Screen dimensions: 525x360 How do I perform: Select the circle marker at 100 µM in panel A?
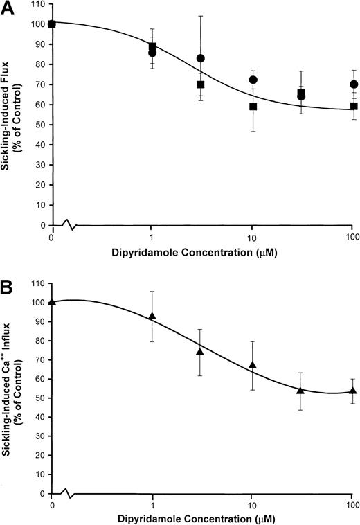coord(354,84)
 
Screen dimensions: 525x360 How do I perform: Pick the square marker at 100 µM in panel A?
coord(354,106)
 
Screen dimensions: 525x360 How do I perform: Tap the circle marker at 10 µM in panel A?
coord(253,80)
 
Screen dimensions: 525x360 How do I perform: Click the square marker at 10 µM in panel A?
coord(253,107)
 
